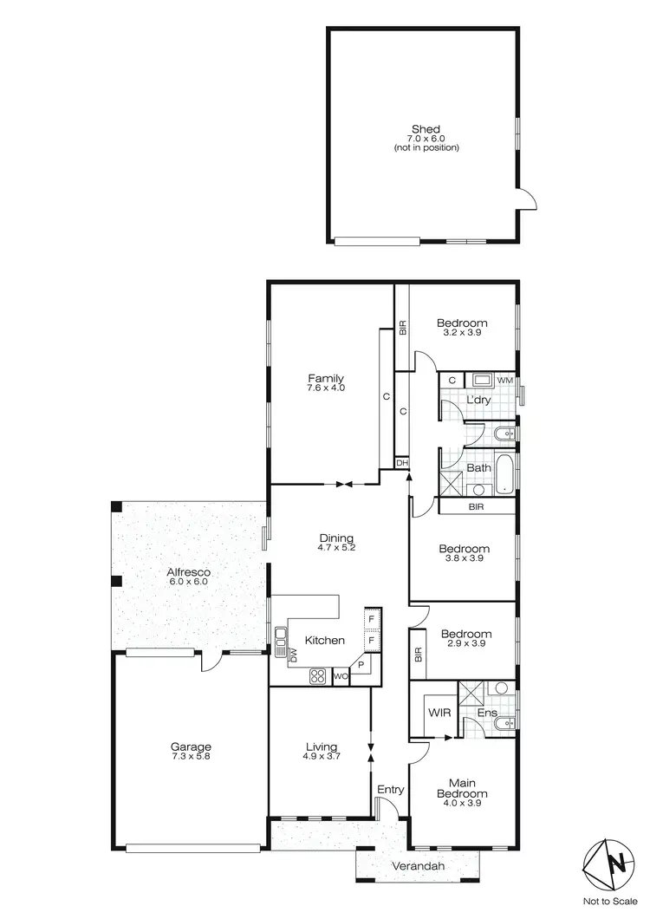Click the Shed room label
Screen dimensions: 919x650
(x=425, y=129)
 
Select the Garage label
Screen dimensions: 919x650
(x=191, y=746)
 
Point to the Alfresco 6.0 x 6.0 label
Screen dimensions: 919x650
(x=189, y=577)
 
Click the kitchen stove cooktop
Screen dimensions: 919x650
(x=317, y=675)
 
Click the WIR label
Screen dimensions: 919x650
(x=438, y=713)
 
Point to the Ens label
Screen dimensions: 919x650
(x=487, y=714)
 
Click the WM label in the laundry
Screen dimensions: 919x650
(x=505, y=380)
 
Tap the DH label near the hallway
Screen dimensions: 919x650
(x=401, y=463)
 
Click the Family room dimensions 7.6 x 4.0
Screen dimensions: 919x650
(x=326, y=388)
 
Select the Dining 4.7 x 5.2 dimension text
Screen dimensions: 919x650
(x=337, y=548)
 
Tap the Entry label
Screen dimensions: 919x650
(x=390, y=789)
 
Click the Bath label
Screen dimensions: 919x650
(x=478, y=468)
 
